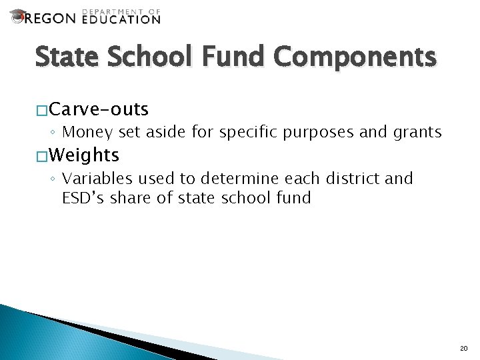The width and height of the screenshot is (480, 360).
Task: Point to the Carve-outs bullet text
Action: pos(98,109)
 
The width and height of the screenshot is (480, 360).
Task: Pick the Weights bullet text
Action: pos(83,156)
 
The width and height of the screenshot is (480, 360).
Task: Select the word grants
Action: pos(417,132)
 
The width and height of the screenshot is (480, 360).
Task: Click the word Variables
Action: pos(95,179)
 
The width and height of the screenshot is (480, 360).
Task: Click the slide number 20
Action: pos(465,348)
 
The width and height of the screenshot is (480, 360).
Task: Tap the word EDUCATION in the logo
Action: pos(121,19)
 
